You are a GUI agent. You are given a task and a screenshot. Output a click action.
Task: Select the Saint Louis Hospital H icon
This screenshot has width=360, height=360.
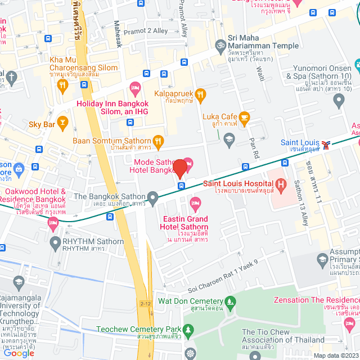280,184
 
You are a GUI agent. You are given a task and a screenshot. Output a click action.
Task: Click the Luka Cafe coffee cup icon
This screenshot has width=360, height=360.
244,117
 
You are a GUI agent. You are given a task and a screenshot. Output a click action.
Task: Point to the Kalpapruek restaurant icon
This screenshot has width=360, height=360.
201,93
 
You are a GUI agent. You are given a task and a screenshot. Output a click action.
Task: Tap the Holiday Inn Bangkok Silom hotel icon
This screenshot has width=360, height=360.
134,87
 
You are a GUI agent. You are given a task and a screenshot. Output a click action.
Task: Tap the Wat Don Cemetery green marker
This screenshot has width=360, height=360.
229,301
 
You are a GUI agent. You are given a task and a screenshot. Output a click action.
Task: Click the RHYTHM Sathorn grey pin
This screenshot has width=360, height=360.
55,243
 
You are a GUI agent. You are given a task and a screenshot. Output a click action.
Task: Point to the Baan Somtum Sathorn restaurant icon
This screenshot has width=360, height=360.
159,140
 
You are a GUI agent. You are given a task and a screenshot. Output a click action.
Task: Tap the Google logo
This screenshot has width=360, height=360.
19,353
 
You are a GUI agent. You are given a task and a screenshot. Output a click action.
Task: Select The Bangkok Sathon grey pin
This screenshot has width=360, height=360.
153,196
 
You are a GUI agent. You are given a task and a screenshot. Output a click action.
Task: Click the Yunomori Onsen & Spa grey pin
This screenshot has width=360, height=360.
339,101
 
